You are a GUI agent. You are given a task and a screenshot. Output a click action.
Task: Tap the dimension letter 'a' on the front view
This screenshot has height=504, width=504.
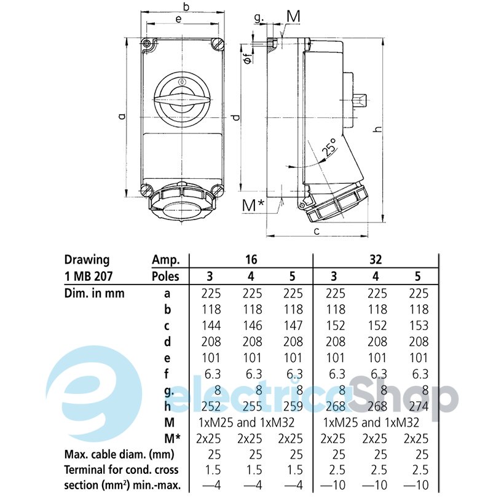[122, 116]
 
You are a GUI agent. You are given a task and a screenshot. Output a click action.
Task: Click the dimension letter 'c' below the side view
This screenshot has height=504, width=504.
[317, 230]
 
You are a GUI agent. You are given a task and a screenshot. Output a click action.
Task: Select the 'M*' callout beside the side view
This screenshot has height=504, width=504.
[253, 205]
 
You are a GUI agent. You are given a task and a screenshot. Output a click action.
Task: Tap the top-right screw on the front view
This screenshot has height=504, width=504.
[218, 44]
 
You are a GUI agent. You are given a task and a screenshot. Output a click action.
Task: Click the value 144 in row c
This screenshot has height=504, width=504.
[211, 326]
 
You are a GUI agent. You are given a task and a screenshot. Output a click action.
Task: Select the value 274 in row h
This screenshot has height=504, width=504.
[419, 406]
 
